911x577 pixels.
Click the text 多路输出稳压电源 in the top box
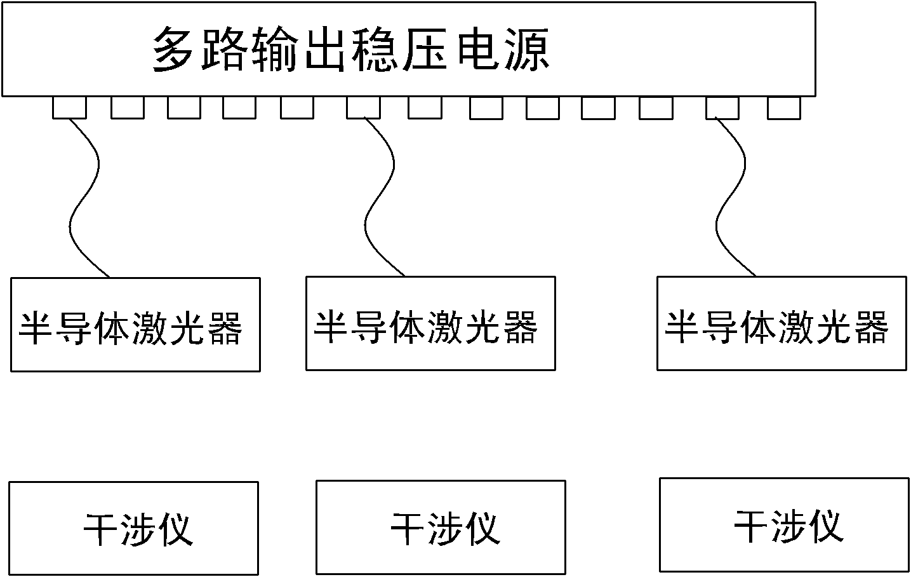point(350,50)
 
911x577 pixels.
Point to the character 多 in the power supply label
point(173,50)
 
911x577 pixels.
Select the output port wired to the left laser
point(69,107)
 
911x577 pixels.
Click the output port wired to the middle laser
point(363,107)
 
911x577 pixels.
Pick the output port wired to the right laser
point(722,107)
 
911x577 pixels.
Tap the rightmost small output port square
point(783,107)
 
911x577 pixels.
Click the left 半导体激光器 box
point(135,324)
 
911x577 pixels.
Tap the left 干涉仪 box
point(133,528)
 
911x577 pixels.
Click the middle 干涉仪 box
point(441,527)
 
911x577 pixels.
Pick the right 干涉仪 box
point(785,524)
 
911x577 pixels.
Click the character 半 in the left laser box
point(36,328)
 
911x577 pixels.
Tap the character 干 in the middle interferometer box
point(407,528)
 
